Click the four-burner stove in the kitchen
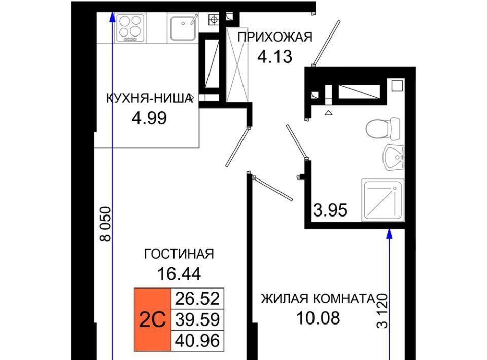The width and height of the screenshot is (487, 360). (130, 27)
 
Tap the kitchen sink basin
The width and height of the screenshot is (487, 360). (183, 27)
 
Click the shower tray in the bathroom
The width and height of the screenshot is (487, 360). (383, 200)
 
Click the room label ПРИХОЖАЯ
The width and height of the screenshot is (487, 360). (275, 37)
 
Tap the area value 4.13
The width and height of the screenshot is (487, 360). (275, 57)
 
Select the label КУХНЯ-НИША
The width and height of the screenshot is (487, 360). (149, 99)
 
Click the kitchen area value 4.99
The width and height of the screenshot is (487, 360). (149, 118)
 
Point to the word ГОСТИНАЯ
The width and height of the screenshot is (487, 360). (179, 254)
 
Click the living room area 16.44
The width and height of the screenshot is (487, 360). (179, 274)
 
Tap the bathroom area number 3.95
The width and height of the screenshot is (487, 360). (330, 210)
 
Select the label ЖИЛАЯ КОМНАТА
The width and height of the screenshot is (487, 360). (318, 299)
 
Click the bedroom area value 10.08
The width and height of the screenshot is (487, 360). (318, 318)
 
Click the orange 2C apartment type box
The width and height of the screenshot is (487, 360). (153, 319)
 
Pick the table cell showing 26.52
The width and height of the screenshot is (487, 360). (197, 299)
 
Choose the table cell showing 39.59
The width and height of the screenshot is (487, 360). (197, 319)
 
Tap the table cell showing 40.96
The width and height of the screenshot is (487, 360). (197, 340)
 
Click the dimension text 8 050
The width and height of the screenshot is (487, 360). (106, 224)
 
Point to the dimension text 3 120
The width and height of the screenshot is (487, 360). (382, 311)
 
